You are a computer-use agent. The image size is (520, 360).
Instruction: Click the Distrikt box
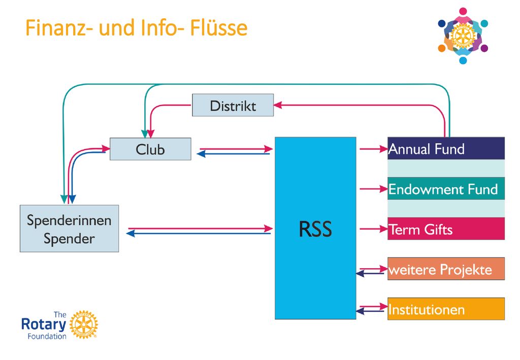coord(233,105)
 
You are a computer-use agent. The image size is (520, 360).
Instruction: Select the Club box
coord(150,149)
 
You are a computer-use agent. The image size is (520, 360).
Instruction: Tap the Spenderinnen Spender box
coord(69,228)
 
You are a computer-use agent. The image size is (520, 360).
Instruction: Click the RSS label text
coord(315,228)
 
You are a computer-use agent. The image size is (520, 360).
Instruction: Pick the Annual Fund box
coord(446,148)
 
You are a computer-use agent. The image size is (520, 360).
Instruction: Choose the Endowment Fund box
coord(446,188)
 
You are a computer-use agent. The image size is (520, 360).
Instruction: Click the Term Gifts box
coord(446,228)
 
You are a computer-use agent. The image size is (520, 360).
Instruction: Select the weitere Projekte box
coord(446,269)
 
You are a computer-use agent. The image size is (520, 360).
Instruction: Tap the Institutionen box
coord(446,309)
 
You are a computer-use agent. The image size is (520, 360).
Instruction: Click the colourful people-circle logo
coord(463,36)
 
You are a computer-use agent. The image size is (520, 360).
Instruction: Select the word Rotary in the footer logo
coord(44,324)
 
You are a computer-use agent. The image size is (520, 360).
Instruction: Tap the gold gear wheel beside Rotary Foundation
coord(84,324)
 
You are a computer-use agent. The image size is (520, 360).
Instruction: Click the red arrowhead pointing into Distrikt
coord(278,105)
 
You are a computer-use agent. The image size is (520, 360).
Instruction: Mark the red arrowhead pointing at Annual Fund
coord(384,149)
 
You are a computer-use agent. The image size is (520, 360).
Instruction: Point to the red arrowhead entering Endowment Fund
coord(384,188)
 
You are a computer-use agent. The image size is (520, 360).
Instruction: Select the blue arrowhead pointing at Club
coord(201,154)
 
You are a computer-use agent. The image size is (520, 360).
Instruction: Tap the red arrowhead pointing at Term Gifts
coord(384,228)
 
